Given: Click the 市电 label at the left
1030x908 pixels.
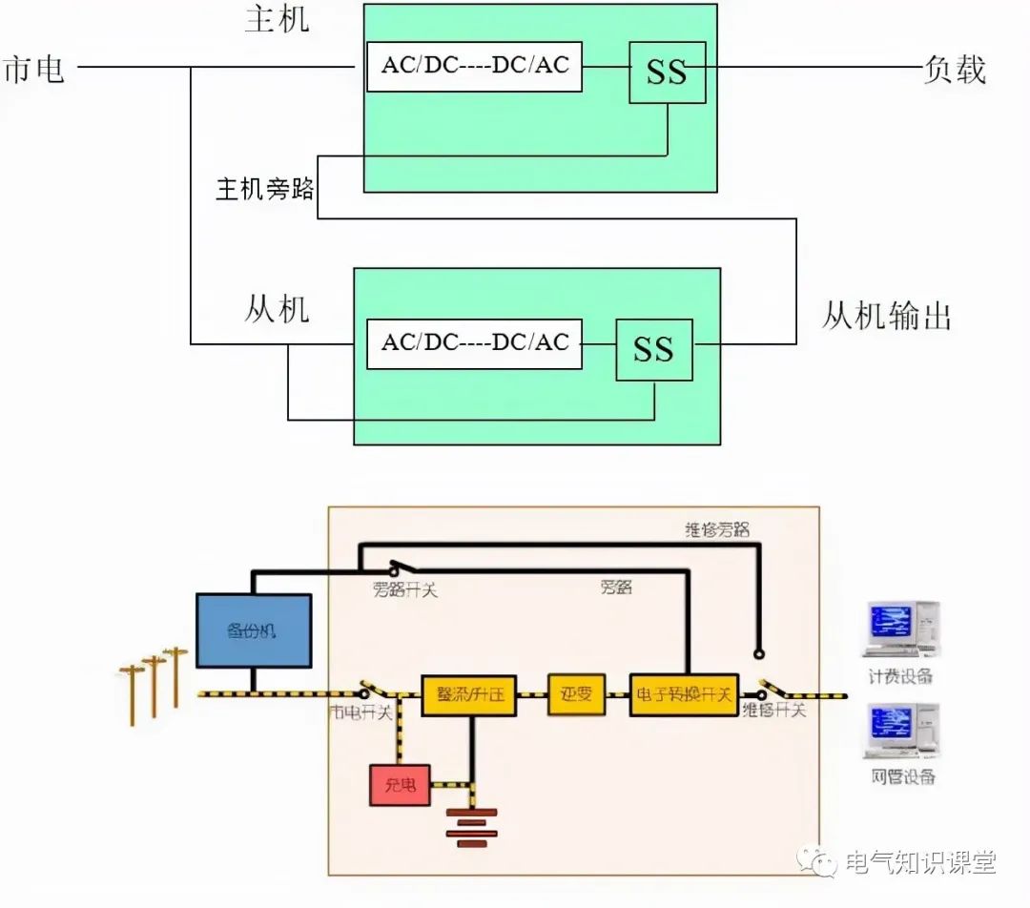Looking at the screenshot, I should pyautogui.click(x=34, y=70).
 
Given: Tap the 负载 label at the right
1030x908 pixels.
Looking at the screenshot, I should pyautogui.click(x=954, y=70).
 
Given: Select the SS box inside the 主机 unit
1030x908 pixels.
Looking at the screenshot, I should pyautogui.click(x=667, y=72).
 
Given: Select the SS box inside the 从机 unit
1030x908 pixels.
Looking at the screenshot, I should pyautogui.click(x=653, y=349).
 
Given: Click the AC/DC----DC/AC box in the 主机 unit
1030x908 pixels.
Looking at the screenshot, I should pyautogui.click(x=474, y=66).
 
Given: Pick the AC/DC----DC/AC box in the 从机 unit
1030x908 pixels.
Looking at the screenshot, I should pyautogui.click(x=474, y=342).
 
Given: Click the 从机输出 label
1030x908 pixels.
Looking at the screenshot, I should pyautogui.click(x=887, y=317).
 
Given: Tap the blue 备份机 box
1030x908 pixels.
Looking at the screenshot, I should pyautogui.click(x=253, y=629).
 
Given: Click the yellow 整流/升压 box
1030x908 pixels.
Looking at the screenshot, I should pyautogui.click(x=468, y=693).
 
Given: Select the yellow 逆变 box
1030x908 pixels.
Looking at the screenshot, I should pyautogui.click(x=576, y=693).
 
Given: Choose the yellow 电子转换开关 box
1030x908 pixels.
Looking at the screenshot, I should pyautogui.click(x=683, y=693).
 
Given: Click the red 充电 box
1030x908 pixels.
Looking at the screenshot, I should pyautogui.click(x=400, y=785).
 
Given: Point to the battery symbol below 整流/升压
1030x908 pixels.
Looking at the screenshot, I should pyautogui.click(x=471, y=831).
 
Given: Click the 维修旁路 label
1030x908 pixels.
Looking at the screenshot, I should pyautogui.click(x=717, y=528).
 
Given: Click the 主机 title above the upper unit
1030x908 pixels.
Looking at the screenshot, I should pyautogui.click(x=277, y=19).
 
